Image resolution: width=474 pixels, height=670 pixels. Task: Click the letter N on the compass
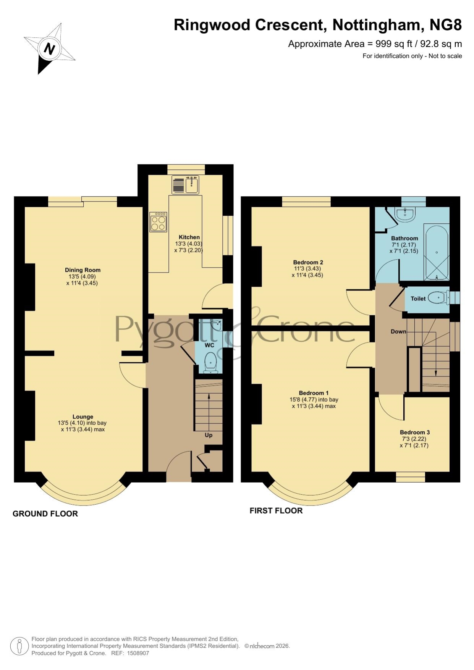(50, 48)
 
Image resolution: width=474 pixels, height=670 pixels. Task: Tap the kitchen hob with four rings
(158, 222)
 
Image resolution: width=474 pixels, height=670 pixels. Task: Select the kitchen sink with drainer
(186, 185)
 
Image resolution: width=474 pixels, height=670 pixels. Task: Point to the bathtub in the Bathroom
(437, 253)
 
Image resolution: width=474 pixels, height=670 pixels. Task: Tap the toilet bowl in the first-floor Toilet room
(440, 298)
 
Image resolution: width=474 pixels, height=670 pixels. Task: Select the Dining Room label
(83, 270)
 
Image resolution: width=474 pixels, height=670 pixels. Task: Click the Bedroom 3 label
(415, 432)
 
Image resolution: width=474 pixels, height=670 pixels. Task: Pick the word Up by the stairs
(209, 435)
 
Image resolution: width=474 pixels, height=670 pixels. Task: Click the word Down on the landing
(398, 331)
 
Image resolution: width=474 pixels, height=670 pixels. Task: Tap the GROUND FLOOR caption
(45, 514)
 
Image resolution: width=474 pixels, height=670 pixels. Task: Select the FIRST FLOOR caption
(276, 511)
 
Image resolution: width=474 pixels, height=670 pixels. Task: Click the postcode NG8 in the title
(446, 25)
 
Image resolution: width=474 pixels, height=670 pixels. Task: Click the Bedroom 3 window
(410, 477)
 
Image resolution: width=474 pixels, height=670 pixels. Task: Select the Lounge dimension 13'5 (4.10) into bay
(82, 423)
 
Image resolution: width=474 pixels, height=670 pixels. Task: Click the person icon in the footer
(19, 647)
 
